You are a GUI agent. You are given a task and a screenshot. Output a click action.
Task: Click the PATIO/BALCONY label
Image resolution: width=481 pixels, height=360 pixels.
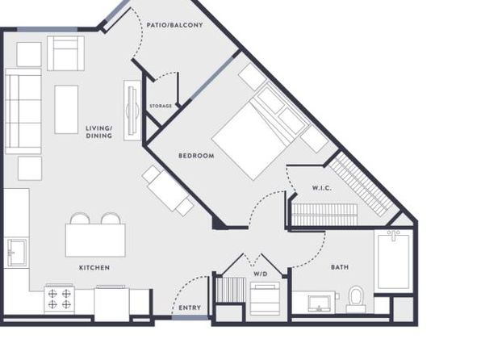pyautogui.click(x=174, y=25)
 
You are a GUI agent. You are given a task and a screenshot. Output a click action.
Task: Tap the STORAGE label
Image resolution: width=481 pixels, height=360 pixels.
pyautogui.click(x=161, y=106)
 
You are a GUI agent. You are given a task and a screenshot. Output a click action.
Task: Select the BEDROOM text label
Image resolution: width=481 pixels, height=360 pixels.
pyautogui.click(x=196, y=156)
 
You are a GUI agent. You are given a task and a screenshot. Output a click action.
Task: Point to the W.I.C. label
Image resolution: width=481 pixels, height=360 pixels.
pyautogui.click(x=321, y=188)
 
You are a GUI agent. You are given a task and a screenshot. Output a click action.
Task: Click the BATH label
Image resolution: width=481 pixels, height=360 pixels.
pyautogui.click(x=340, y=267)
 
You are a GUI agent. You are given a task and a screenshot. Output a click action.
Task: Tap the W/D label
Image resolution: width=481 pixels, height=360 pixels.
pyautogui.click(x=261, y=274)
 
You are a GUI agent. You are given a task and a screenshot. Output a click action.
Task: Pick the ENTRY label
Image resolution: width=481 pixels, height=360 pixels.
pyautogui.click(x=190, y=308)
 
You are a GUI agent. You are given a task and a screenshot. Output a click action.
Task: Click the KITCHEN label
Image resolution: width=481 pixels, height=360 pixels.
pyautogui.click(x=94, y=268)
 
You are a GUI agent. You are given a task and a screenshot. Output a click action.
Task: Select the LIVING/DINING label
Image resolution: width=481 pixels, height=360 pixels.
pyautogui.click(x=98, y=132)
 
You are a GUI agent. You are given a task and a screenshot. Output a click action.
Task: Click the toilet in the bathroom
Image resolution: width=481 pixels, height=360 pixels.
pyautogui.click(x=356, y=299)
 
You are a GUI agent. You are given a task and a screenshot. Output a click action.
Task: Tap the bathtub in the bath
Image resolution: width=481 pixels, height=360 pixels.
pyautogui.click(x=393, y=260)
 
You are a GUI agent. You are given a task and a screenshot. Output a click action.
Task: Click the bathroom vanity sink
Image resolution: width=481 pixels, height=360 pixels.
pyautogui.click(x=320, y=303)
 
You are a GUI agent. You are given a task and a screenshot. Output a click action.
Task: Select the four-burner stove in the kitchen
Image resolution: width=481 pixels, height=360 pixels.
pyautogui.click(x=60, y=299)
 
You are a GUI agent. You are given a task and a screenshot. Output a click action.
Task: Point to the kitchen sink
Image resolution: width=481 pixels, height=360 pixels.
pyautogui.click(x=17, y=252)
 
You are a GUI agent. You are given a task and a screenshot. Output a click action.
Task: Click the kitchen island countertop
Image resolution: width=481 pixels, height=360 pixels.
pyautogui.click(x=95, y=241)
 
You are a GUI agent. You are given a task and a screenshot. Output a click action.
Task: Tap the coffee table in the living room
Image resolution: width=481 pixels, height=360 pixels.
pyautogui.click(x=66, y=110)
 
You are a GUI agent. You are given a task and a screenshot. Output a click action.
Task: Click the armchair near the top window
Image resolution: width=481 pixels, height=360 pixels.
pyautogui.click(x=65, y=53)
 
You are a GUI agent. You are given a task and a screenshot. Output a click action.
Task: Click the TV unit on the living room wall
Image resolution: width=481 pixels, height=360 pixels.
pyautogui.click(x=132, y=111)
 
